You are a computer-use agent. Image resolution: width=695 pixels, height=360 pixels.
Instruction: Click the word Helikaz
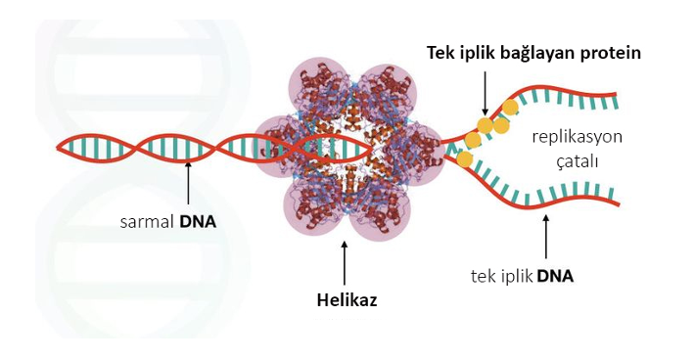pos(347,300)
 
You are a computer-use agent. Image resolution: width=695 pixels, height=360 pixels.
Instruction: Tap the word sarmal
pos(147,221)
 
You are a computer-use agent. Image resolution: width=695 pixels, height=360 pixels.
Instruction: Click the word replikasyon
pos(578,137)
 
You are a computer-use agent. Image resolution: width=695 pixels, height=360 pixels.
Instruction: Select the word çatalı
pos(578,162)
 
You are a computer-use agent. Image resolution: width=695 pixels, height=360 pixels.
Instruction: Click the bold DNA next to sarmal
pos(198,221)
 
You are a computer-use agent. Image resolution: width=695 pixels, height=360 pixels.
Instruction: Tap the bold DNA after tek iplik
pos(555,277)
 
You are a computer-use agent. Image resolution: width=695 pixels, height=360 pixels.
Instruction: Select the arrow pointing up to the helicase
pos(345,263)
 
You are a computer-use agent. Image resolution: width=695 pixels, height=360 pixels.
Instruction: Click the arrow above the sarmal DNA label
pos(188,188)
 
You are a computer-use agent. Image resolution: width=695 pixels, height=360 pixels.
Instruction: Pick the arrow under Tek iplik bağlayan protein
pos(485,94)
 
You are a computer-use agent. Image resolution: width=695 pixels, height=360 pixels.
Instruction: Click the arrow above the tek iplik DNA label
pos(545,237)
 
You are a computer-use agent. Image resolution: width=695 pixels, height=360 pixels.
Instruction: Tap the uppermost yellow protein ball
pos(510,108)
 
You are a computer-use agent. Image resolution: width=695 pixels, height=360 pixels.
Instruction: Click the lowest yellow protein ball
pos(464,158)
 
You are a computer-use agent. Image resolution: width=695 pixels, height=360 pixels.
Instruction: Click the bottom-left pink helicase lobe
pos(310,208)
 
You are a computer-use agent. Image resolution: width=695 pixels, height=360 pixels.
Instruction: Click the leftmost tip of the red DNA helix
pos(57,149)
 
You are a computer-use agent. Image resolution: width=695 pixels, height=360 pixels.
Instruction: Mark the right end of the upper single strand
pos(616,94)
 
